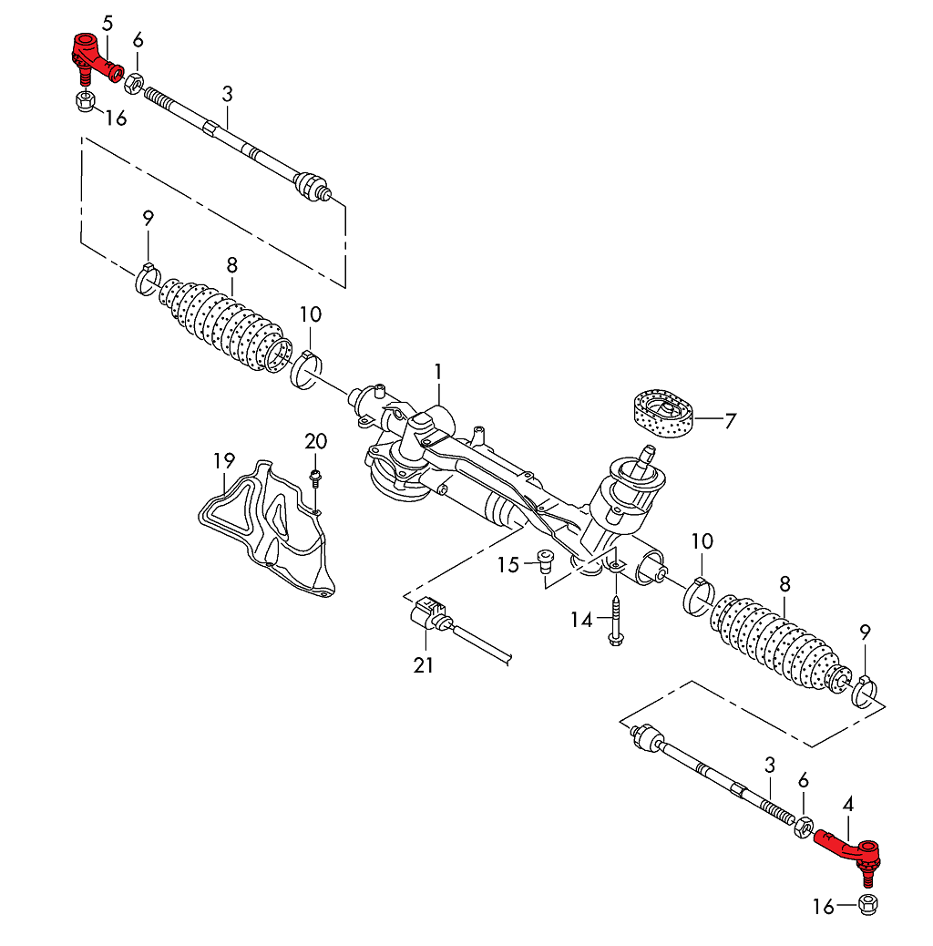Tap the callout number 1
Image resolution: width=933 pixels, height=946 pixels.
pyautogui.click(x=438, y=372)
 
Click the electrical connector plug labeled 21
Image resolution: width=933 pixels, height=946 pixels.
pyautogui.click(x=428, y=615)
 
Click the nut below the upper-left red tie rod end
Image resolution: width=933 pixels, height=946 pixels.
pyautogui.click(x=84, y=99)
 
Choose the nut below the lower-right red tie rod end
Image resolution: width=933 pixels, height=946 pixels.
pyautogui.click(x=868, y=905)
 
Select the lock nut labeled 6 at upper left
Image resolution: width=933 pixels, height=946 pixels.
pyautogui.click(x=133, y=82)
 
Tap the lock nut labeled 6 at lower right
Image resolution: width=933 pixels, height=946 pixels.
pyautogui.click(x=804, y=828)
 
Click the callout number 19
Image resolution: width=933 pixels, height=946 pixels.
pyautogui.click(x=224, y=461)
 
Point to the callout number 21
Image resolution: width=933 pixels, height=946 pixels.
pyautogui.click(x=423, y=666)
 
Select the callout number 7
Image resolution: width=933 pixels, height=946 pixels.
pyautogui.click(x=730, y=421)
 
